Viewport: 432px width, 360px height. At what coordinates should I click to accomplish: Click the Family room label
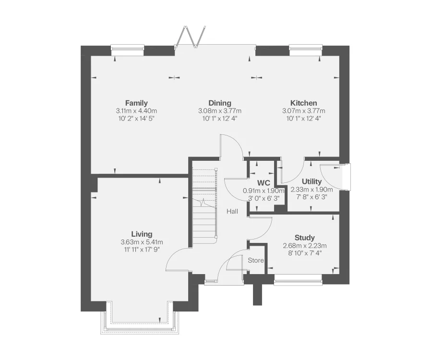tap(136, 103)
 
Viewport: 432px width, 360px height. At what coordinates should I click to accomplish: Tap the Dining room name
tap(220, 103)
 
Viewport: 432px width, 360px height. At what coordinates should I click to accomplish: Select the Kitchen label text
tap(303, 103)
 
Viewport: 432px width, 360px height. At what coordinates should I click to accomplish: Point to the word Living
tap(142, 234)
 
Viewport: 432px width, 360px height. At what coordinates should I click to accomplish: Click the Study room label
tap(304, 238)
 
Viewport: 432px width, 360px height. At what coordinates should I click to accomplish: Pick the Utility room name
tap(312, 181)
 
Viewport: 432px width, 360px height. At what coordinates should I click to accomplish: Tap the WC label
tap(264, 183)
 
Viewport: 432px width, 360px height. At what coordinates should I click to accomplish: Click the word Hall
tap(233, 211)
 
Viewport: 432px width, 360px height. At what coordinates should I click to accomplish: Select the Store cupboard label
tap(256, 260)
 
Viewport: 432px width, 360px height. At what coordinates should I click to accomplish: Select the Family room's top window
tap(127, 48)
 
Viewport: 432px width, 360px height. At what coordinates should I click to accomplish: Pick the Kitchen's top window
tap(305, 48)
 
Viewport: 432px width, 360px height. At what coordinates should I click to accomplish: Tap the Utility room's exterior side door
tap(345, 177)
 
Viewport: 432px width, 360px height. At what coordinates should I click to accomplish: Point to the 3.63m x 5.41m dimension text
tap(142, 242)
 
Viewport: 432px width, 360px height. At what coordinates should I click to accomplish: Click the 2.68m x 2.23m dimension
tap(304, 246)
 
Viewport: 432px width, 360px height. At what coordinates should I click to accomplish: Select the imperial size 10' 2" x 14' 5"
tap(136, 118)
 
